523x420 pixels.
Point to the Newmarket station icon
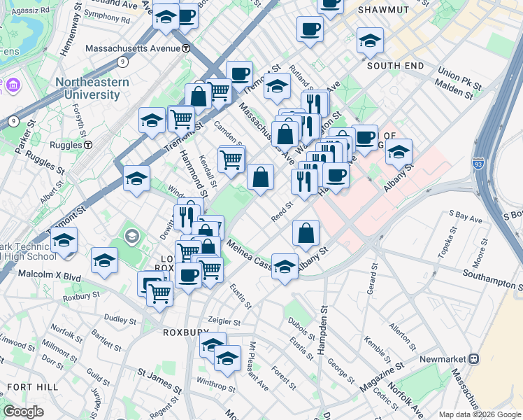coord(474,359)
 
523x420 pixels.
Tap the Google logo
coord(24,412)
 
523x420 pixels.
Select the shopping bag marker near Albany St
coord(306,234)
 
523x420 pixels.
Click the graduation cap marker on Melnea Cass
coord(285,267)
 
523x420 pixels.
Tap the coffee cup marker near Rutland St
coord(309,29)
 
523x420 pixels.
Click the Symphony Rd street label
coord(106,20)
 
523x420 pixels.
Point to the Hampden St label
coord(323,330)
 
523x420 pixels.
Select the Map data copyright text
coord(479,414)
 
